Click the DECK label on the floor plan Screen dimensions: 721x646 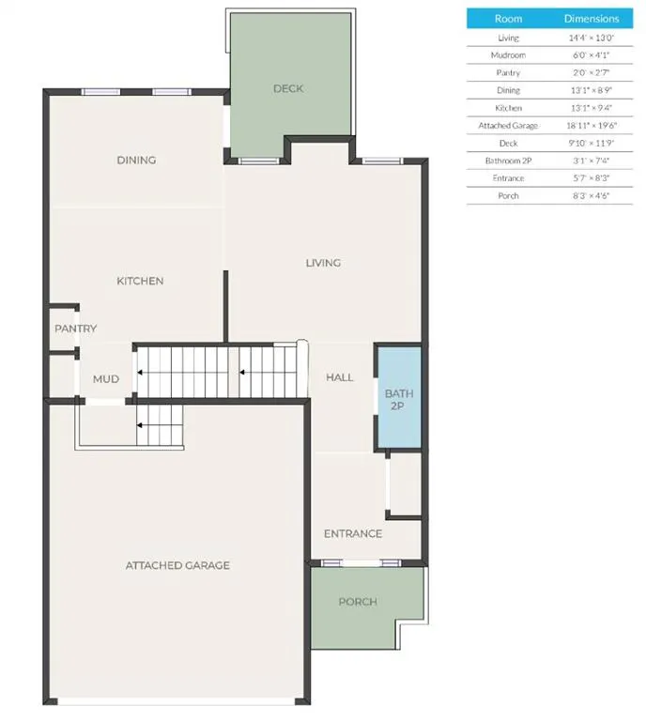pyautogui.click(x=288, y=89)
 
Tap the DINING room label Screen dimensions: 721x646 pyautogui.click(x=136, y=161)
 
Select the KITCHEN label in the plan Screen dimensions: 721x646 pyautogui.click(x=140, y=281)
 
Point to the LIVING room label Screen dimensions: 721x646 pyautogui.click(x=323, y=263)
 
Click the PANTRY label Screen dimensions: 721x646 pyautogui.click(x=75, y=329)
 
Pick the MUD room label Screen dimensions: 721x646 pyautogui.click(x=105, y=379)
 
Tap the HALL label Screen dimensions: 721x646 pyautogui.click(x=339, y=377)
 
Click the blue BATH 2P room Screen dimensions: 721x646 pyautogui.click(x=397, y=400)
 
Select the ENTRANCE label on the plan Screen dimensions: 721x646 pyautogui.click(x=353, y=534)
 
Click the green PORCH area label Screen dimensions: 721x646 pyautogui.click(x=358, y=602)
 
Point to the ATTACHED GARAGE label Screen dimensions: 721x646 pyautogui.click(x=177, y=565)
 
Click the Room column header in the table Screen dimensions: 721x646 pyautogui.click(x=508, y=19)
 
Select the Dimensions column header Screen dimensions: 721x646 pyautogui.click(x=591, y=19)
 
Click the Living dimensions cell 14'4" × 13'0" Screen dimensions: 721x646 pyautogui.click(x=591, y=38)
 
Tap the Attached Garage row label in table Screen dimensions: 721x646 pyautogui.click(x=508, y=126)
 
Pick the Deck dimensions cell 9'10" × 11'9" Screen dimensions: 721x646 pyautogui.click(x=591, y=144)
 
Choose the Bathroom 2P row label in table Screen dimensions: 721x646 pyautogui.click(x=508, y=161)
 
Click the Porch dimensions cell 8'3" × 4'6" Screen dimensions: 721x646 pyautogui.click(x=591, y=196)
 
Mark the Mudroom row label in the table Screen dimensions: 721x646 pyautogui.click(x=508, y=55)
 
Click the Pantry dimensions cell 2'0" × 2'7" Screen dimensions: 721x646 pyautogui.click(x=591, y=73)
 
